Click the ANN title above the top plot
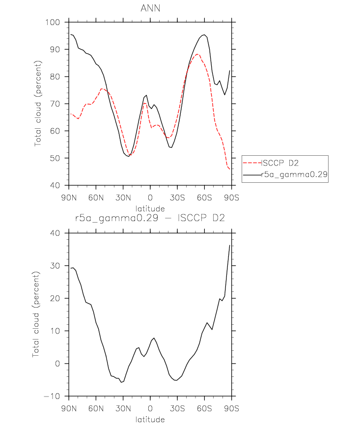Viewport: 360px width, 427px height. click(x=150, y=8)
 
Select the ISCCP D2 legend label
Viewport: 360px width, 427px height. click(x=280, y=163)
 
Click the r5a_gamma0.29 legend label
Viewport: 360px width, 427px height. click(x=294, y=174)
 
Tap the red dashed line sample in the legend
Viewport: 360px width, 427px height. click(x=252, y=163)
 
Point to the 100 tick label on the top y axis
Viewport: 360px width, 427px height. click(x=53, y=22)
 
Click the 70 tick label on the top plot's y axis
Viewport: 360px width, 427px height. click(x=55, y=104)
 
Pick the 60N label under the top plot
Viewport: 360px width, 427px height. click(x=96, y=198)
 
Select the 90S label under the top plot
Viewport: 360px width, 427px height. click(x=231, y=198)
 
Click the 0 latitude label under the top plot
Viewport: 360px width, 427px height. click(x=150, y=198)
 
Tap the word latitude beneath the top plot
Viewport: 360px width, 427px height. click(x=150, y=209)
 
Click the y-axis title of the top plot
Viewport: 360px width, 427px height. click(x=38, y=104)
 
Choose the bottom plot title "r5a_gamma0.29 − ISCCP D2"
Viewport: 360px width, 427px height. click(x=150, y=218)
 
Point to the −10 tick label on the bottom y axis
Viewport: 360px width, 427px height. click(x=52, y=396)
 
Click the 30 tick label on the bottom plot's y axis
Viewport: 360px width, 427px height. click(x=55, y=266)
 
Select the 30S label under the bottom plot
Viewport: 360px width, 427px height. click(x=177, y=408)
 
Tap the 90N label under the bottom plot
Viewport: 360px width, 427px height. click(x=69, y=408)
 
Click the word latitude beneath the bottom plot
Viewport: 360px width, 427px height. click(x=150, y=419)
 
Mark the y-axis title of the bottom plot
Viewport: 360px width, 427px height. click(x=36, y=314)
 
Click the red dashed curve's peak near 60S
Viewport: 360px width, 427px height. click(x=197, y=54)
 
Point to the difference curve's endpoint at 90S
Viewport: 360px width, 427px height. click(x=230, y=245)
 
